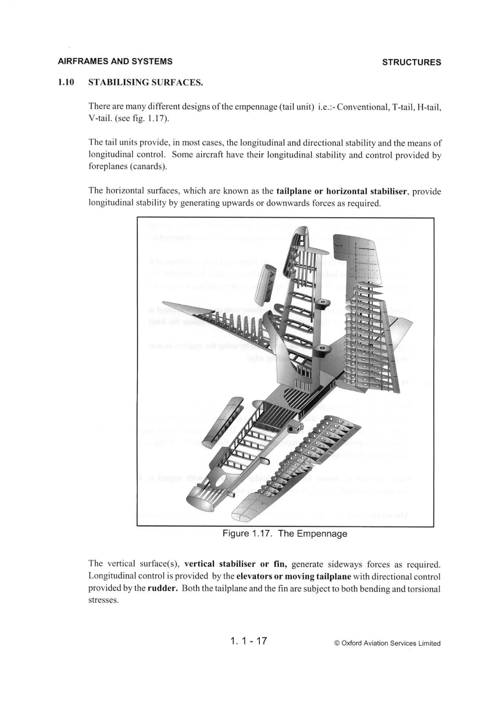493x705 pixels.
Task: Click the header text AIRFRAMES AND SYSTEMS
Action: pyautogui.click(x=115, y=61)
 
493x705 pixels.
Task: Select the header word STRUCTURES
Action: pyautogui.click(x=411, y=62)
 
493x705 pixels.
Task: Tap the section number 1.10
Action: pyautogui.click(x=66, y=82)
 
